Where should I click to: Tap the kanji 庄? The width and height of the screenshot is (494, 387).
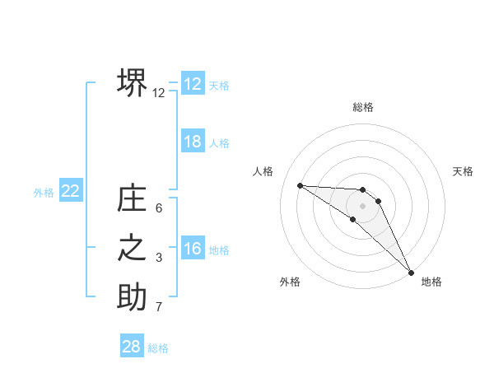click(x=132, y=199)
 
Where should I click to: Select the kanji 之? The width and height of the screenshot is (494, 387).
click(x=132, y=249)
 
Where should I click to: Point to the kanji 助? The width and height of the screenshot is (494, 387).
click(x=132, y=298)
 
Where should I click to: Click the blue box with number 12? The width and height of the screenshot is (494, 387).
click(x=193, y=84)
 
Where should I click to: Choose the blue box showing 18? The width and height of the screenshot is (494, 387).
click(x=193, y=142)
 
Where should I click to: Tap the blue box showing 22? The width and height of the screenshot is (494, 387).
click(x=70, y=191)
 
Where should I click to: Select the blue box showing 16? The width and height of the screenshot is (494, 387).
click(x=193, y=249)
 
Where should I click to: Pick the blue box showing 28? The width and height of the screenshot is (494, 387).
click(x=132, y=347)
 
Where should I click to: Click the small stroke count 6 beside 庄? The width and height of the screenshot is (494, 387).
click(x=159, y=209)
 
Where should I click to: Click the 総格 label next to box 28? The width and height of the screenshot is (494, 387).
click(x=158, y=348)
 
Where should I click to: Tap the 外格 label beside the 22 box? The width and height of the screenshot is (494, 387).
click(x=44, y=193)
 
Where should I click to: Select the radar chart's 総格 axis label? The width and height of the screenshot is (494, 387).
click(x=363, y=107)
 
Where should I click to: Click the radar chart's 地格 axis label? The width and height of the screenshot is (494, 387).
click(x=431, y=282)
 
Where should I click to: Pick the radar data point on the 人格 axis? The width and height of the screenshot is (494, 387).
click(x=300, y=185)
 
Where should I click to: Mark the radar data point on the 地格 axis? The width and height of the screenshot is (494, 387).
click(x=411, y=272)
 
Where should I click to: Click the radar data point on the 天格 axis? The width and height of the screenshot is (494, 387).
click(x=379, y=201)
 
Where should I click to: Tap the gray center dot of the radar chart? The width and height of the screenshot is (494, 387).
click(x=363, y=205)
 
